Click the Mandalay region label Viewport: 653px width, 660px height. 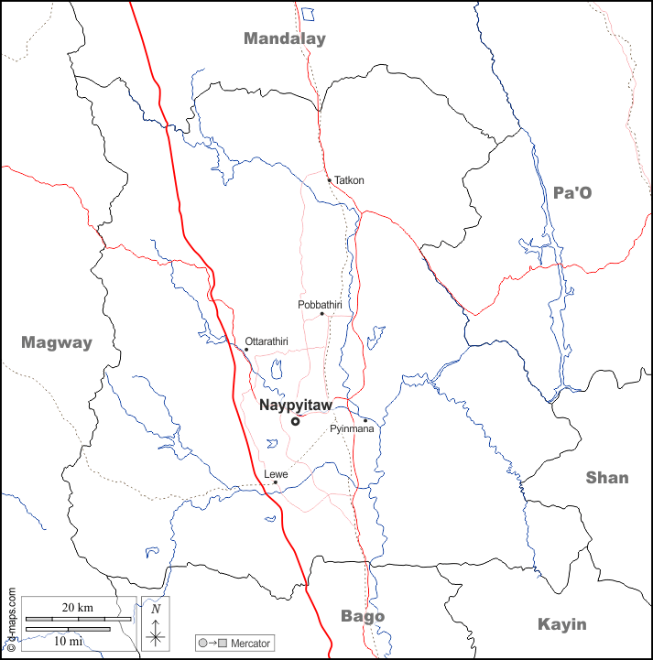284,38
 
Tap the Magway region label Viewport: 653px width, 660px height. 57,343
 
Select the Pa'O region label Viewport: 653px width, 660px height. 572,192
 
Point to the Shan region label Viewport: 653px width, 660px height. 607,478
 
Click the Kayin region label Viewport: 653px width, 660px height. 561,624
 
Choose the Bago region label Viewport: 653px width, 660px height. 363,616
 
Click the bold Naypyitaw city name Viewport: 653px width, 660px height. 295,405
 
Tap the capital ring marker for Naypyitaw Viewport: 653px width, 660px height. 295,421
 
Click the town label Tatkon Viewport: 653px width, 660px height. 349,180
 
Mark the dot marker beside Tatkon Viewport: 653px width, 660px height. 330,179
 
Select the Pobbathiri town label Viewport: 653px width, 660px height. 320,304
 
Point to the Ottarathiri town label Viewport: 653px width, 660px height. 267,341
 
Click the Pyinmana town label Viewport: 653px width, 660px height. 351,428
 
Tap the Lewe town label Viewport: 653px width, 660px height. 276,474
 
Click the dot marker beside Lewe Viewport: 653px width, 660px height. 275,483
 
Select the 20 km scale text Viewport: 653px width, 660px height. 78,608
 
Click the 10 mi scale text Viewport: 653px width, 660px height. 68,641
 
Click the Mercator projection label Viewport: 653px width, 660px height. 250,644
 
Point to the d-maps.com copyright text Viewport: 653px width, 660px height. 11,619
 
